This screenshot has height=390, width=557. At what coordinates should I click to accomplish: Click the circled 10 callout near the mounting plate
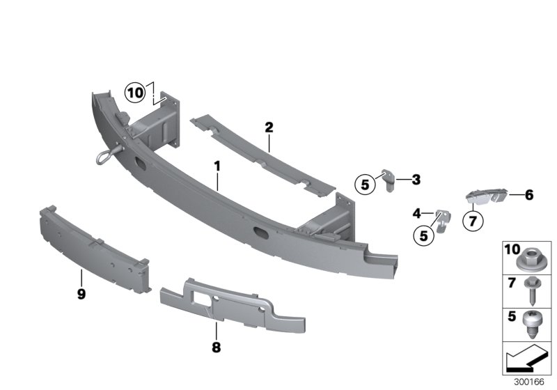(135, 91)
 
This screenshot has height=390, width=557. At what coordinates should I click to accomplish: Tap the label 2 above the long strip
(269, 127)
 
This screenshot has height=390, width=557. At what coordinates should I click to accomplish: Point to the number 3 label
(416, 180)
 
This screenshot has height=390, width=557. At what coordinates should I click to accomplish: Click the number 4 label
(416, 213)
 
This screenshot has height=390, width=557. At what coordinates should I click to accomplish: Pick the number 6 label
(528, 196)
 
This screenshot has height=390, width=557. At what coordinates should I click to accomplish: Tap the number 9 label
(81, 295)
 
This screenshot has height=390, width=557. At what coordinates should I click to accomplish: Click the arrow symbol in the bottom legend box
(526, 362)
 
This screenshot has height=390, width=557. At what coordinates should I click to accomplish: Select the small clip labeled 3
(387, 178)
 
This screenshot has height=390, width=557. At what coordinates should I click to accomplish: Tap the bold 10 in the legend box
(512, 249)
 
